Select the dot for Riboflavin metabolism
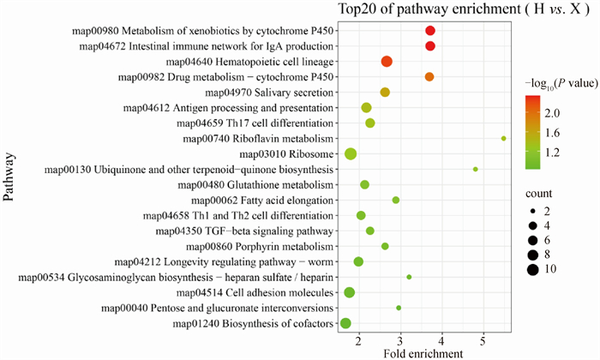pos(504,138)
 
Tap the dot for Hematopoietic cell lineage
pos(387,62)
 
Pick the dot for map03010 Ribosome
pos(351,154)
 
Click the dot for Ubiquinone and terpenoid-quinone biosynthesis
pos(476,170)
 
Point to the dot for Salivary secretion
pos(385,93)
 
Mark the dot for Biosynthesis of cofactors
pos(345,323)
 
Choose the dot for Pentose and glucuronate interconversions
pos(399,308)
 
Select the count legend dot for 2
pos(533,210)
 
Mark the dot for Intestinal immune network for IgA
pos(430,46)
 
